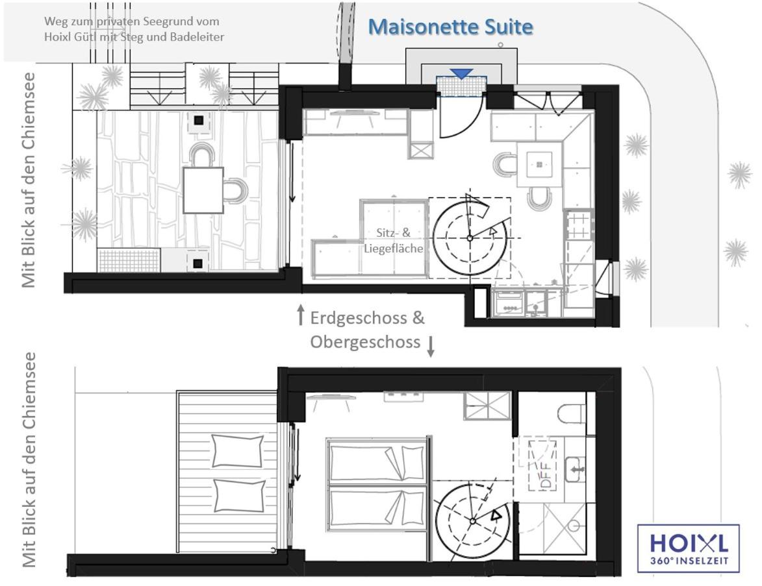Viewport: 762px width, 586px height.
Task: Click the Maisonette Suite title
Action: [450, 27]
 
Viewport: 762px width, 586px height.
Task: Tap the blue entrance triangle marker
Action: [461, 73]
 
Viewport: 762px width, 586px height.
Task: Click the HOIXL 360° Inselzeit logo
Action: [688, 548]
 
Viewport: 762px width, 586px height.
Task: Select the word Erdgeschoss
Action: [359, 318]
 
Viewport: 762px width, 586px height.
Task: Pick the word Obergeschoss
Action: [365, 342]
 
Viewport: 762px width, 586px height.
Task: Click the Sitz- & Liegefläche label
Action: [394, 240]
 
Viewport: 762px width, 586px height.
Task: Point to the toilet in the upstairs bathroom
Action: [572, 413]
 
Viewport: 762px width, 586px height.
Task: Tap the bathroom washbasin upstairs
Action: [576, 469]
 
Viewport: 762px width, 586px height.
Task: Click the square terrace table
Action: [203, 190]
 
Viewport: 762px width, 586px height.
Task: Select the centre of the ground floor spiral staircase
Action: [470, 238]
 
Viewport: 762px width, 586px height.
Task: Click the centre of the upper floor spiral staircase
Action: [472, 521]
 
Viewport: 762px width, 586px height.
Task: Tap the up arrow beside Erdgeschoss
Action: [301, 315]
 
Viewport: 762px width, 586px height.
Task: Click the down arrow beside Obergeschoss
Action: [431, 347]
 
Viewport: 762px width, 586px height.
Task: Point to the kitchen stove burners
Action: [578, 225]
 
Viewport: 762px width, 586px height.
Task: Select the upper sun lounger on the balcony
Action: [238, 451]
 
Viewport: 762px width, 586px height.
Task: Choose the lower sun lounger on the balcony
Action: [240, 496]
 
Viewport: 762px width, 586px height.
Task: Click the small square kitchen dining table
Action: [539, 165]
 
